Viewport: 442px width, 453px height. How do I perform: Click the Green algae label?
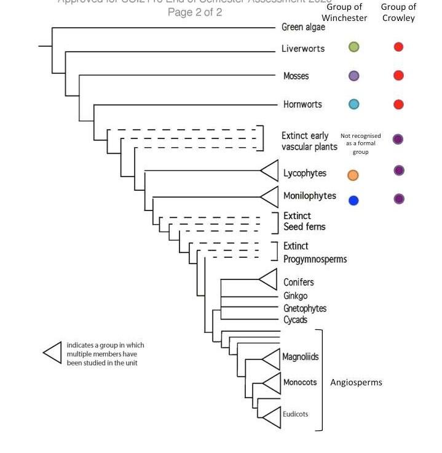point(303,27)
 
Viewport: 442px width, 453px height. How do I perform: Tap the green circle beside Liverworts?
point(353,47)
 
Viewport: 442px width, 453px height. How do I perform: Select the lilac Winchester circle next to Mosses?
point(353,76)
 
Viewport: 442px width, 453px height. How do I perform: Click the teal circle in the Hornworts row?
point(353,105)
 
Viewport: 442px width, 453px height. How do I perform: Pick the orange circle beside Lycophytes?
point(353,175)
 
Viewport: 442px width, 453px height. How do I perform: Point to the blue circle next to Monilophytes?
point(353,200)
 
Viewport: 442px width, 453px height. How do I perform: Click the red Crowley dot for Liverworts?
point(398,47)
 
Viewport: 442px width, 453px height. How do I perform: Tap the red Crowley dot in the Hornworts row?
point(398,105)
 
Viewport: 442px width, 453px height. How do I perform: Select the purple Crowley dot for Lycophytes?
point(399,170)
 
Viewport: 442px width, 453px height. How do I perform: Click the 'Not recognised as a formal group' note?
point(360,143)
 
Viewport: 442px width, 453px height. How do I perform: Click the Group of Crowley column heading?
point(398,12)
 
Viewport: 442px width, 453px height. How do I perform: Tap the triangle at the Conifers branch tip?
point(269,279)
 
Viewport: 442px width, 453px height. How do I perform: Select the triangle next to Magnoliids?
point(271,358)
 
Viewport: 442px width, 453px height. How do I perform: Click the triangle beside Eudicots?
point(271,417)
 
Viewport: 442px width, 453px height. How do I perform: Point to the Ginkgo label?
point(296,296)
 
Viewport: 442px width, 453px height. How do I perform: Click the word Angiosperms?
point(356,382)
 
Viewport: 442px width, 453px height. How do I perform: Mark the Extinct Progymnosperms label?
point(314,253)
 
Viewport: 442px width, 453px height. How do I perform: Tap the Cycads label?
point(295,320)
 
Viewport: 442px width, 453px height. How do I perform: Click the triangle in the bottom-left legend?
point(53,353)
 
